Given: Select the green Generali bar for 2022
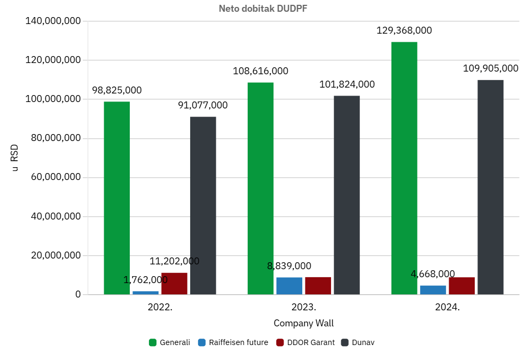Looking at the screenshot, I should pos(117,198).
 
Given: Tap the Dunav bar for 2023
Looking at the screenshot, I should pos(347,195).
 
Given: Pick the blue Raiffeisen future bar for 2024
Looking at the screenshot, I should pos(433,289).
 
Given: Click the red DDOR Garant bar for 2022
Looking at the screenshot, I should pos(174,284).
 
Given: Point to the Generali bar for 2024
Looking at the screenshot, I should pos(404,168).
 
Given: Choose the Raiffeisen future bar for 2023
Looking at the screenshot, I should pos(289,286).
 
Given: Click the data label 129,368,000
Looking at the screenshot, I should pos(404,30).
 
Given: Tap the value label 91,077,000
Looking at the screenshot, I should pos(203,105).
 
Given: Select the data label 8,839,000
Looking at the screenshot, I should pos(289,266).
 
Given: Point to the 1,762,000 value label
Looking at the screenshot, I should pos(145,280).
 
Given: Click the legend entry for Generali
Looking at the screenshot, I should pos(169,342).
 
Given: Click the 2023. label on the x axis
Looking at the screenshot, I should pos(304,308).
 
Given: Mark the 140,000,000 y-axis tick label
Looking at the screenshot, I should pos(52,21).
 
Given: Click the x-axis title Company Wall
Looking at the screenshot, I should pos(303,323).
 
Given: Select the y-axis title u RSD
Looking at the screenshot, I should pos(15,158).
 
